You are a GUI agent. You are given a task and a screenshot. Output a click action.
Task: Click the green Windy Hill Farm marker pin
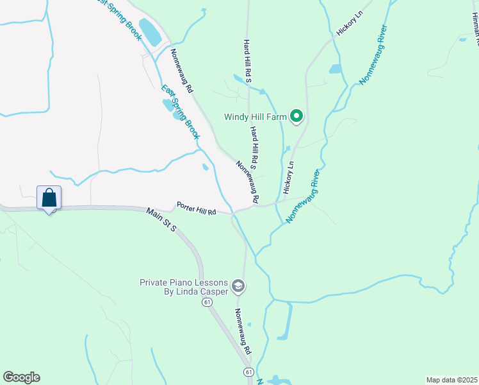pos(296,117)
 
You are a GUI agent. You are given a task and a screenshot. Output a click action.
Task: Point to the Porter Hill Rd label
pos(195,209)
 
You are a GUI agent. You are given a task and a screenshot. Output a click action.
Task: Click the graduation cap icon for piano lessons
pos(238,286)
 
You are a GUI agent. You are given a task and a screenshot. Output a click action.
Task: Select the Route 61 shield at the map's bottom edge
pos(248,372)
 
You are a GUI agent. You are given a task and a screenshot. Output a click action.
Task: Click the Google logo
pos(21,377)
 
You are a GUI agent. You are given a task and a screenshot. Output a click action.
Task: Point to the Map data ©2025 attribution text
pos(451,380)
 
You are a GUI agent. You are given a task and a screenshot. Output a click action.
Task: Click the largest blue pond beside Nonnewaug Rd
pos(150,32)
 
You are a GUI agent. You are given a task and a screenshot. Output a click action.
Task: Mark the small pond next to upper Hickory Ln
pos(335,69)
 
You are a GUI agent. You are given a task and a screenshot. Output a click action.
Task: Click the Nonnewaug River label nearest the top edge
pos(373,55)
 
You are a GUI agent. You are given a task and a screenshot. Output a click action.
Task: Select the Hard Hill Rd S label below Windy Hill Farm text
pos(254,147)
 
